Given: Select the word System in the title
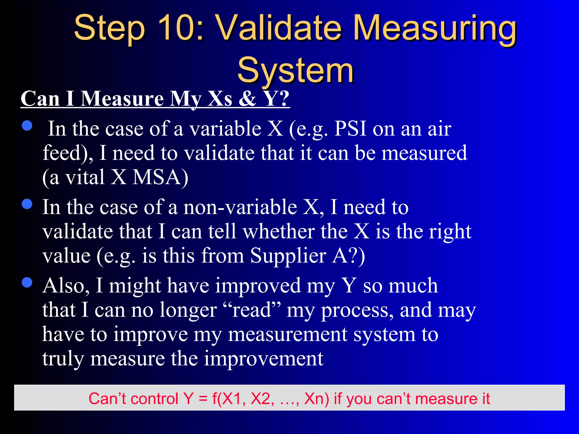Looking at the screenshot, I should pos(295,70).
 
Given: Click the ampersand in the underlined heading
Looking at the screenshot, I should pos(247,99).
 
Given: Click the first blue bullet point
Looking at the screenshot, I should pos(27,125).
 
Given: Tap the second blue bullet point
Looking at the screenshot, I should pos(27,204).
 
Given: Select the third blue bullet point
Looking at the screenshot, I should pos(27,282).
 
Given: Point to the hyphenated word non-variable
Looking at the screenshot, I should pos(240,207).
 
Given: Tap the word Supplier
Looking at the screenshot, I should pos(288,256).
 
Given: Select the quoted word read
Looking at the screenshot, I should pos(251,310).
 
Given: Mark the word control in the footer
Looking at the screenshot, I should pos(154,399).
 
